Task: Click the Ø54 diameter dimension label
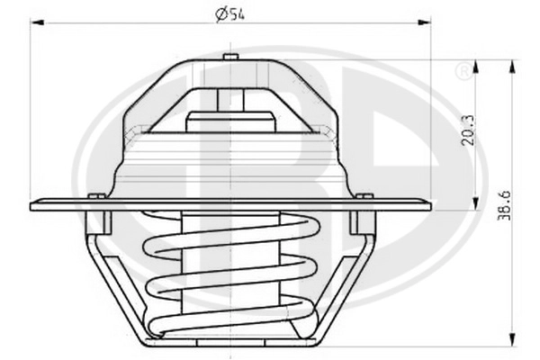[229, 14]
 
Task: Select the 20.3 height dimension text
[468, 130]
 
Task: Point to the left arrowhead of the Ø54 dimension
[37, 22]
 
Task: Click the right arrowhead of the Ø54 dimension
[424, 22]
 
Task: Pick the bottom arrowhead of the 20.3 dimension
[475, 203]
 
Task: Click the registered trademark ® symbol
[463, 71]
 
